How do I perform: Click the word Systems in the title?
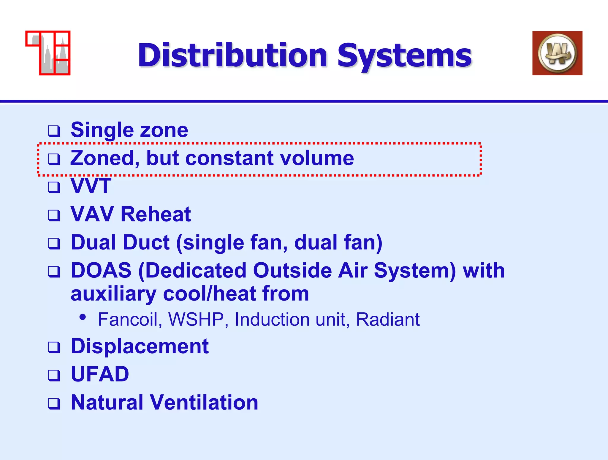[x=404, y=55]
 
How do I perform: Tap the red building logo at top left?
[x=48, y=53]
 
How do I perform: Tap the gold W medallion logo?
[x=557, y=53]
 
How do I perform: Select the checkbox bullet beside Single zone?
[x=54, y=131]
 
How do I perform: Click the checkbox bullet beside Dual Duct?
[x=54, y=243]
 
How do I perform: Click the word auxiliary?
[x=113, y=294]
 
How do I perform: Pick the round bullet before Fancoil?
[x=83, y=317]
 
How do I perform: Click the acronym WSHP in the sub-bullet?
[x=196, y=320]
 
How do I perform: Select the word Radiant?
[x=387, y=320]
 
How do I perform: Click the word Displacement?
[x=140, y=346]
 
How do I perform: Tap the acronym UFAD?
[x=100, y=374]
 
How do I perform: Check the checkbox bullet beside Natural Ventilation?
[x=54, y=403]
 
